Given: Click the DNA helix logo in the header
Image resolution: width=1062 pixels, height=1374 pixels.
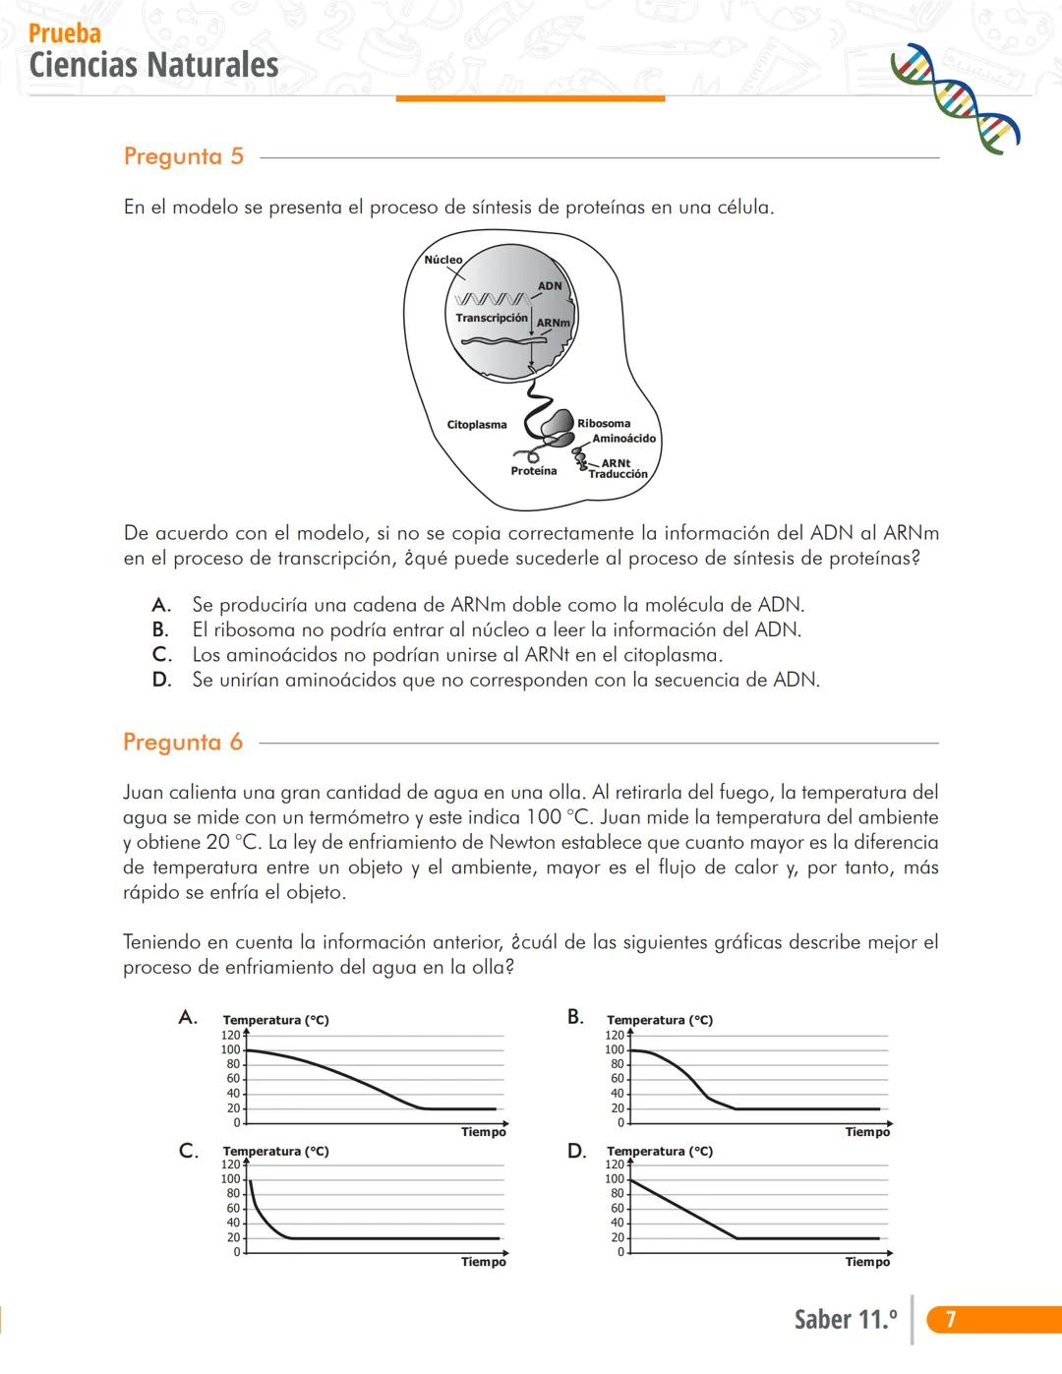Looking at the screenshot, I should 954,98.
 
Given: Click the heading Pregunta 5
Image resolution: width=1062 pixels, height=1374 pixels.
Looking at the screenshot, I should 184,156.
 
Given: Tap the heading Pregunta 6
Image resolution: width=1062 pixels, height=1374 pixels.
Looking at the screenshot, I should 183,742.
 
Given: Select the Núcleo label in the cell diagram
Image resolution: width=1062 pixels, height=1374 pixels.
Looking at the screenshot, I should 442,260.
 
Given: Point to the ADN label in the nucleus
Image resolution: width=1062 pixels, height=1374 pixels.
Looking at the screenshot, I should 550,286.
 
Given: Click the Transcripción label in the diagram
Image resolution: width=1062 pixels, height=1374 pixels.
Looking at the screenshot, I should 492,318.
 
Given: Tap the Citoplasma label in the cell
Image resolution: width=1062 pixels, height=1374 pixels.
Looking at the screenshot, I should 477,425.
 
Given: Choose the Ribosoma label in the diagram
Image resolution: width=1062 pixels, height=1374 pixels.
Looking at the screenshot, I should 604,424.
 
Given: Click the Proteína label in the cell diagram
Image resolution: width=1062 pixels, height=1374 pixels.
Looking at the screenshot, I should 534,471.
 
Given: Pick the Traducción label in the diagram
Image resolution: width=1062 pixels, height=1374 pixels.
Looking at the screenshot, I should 619,474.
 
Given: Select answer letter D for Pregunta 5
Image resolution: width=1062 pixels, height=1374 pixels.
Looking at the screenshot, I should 161,680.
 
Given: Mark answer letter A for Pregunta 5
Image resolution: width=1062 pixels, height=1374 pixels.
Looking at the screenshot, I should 161,605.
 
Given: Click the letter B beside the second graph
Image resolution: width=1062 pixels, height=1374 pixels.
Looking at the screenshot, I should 575,1017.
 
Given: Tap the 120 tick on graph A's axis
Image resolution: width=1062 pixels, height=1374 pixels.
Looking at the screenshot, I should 230,1035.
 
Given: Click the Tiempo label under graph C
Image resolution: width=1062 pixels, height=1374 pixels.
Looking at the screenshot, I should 484,1262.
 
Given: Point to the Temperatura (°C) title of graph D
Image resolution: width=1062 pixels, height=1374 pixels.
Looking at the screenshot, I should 660,1151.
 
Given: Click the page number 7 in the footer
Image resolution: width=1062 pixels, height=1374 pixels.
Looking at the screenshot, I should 951,1319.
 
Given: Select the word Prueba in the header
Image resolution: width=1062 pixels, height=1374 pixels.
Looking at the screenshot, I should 65,33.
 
